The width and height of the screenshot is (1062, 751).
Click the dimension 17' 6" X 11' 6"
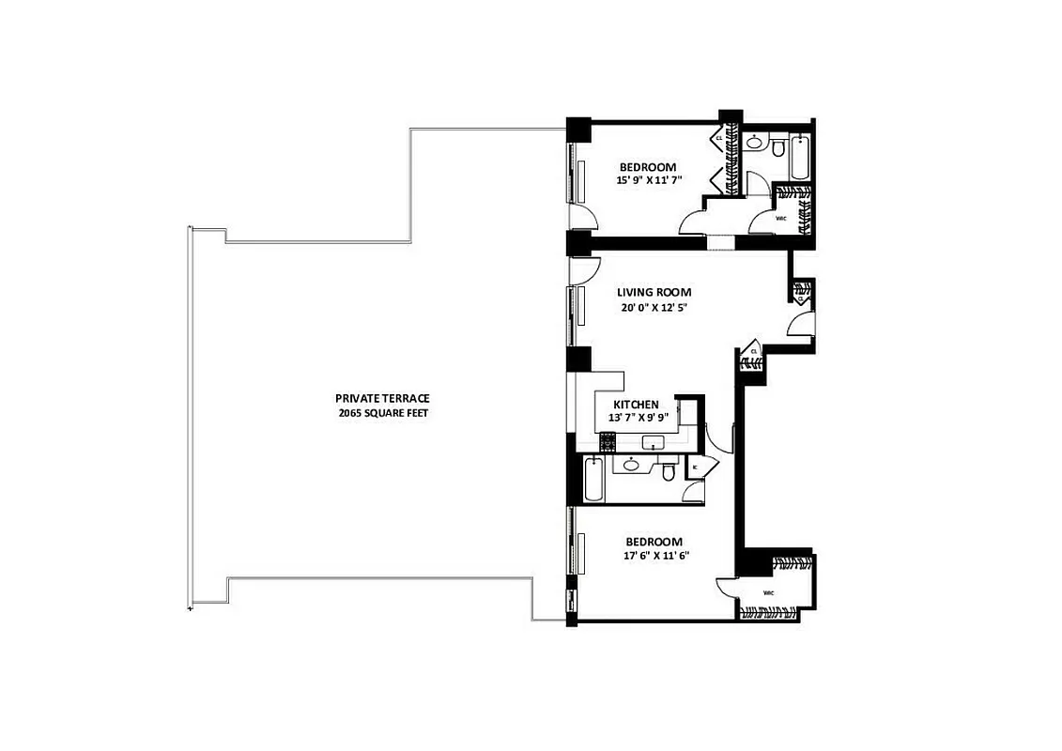tap(654, 556)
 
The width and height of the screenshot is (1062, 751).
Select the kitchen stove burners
tap(607, 440)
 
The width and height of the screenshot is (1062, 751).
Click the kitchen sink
tap(651, 442)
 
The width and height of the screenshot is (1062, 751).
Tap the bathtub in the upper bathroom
tap(799, 158)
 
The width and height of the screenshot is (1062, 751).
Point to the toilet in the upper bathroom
tap(778, 148)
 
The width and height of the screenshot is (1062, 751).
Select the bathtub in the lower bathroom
tap(592, 480)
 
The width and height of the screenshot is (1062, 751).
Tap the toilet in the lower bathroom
tap(668, 471)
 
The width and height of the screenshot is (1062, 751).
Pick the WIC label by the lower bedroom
tap(768, 593)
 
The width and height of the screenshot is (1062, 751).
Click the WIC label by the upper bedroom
tap(780, 220)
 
